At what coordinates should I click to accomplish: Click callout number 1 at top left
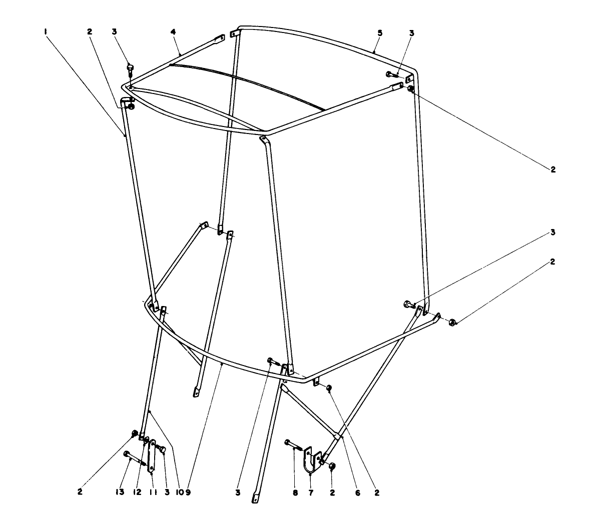tap(45, 32)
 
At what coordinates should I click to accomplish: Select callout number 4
tap(173, 32)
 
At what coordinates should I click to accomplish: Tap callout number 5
tap(380, 33)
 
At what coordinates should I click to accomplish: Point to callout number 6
tap(357, 492)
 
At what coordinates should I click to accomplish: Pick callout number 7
tap(311, 492)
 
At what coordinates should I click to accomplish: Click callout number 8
tap(295, 492)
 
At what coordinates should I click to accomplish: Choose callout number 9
tap(188, 492)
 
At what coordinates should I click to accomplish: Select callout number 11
tap(153, 492)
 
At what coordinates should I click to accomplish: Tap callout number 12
tap(138, 492)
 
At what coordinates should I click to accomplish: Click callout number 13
tap(120, 492)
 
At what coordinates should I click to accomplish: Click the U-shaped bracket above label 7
tap(312, 459)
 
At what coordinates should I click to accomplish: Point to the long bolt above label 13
tap(135, 459)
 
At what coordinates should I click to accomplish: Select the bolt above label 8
tap(294, 444)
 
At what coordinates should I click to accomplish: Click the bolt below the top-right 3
tap(393, 74)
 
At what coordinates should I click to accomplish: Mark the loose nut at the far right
tap(451, 322)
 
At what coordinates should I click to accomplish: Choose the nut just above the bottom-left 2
tap(134, 433)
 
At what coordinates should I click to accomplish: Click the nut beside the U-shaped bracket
tap(332, 465)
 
